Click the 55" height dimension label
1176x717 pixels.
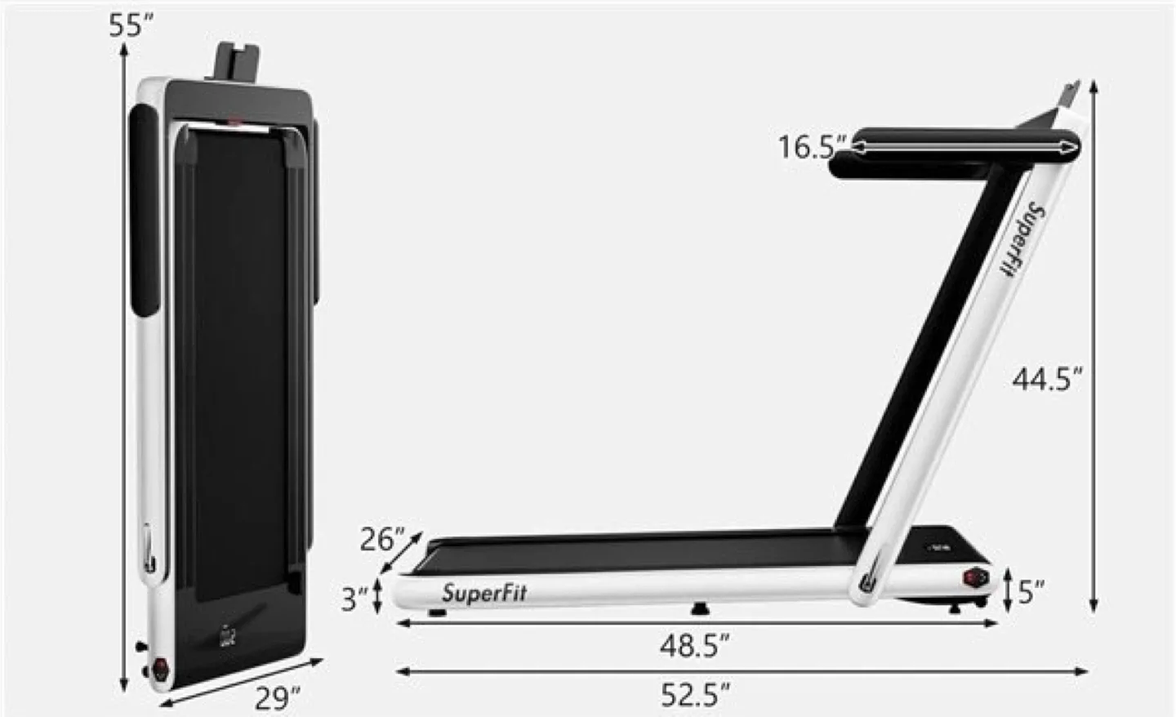131,25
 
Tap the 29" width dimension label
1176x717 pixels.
277,698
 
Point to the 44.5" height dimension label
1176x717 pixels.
1047,379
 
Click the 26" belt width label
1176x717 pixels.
382,540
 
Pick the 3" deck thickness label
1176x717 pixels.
355,599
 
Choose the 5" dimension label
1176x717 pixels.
1031,592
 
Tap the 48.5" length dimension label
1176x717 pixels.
694,646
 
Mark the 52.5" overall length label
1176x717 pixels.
695,695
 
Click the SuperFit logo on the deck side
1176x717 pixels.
484,593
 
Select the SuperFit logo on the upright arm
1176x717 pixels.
1022,238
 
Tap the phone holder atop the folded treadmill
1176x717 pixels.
238,62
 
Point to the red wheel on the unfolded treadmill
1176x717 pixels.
975,577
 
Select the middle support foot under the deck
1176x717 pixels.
699,608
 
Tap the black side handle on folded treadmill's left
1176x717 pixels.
145,212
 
